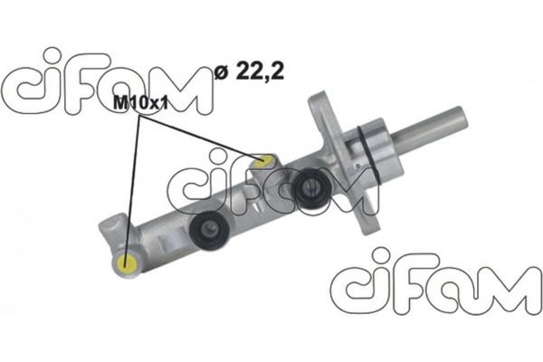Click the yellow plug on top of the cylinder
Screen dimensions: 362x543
coord(263,162)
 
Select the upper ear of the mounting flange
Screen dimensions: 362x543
coord(325,103)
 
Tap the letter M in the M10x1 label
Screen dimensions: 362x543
coord(119,104)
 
